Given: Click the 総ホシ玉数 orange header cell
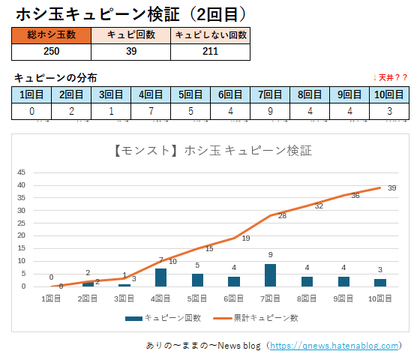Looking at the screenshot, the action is click(51, 35).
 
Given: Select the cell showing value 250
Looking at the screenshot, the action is click(51, 52).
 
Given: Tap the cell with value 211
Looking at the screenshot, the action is click(211, 52).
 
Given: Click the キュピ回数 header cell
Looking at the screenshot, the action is click(131, 35).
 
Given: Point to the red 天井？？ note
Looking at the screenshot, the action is click(390, 78).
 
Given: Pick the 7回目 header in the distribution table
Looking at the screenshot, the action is click(270, 94).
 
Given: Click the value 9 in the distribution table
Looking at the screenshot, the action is click(270, 111).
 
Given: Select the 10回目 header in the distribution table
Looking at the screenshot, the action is click(389, 94).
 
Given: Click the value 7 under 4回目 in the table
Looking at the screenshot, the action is click(151, 111).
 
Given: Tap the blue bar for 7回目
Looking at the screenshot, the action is click(270, 275).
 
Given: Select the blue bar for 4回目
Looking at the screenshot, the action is click(160, 277).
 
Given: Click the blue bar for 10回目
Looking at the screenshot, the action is click(380, 283).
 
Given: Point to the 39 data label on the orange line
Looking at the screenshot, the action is click(391, 188).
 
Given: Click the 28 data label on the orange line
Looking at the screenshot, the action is click(282, 216).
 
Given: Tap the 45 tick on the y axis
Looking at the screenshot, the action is click(22, 172).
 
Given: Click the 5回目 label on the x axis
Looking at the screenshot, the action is click(197, 298).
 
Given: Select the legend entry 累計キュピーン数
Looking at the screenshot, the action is click(256, 318).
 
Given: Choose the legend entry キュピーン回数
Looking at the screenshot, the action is click(163, 318).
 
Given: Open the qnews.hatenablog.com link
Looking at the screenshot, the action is click(334, 346).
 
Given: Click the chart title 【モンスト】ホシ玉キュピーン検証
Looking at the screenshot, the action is click(213, 151).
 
